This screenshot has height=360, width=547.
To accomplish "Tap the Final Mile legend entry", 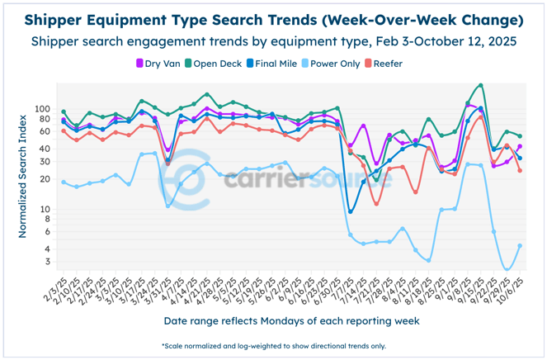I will pos(282,64).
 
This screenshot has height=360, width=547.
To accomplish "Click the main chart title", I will pos(273,19).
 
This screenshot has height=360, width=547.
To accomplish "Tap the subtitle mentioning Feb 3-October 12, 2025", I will pos(273,40).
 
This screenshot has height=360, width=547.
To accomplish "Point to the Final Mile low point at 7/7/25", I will pos(351,212).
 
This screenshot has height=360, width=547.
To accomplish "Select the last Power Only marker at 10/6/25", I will pos(519,245).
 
